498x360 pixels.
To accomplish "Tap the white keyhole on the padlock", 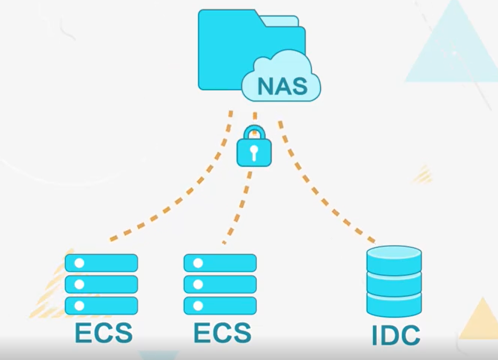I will [254, 152].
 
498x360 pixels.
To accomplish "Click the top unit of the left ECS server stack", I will [101, 263].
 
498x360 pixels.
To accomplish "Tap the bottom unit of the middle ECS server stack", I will [220, 305].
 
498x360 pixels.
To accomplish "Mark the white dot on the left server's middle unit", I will [79, 284].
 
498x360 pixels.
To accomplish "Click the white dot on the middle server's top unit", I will [198, 263].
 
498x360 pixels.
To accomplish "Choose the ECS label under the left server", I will [103, 333].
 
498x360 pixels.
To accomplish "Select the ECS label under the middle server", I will [222, 333].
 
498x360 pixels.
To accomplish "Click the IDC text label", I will [396, 335].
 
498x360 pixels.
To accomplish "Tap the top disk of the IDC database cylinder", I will [394, 258].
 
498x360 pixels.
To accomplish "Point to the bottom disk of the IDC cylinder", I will [394, 304].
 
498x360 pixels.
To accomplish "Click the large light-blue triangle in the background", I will [452, 50].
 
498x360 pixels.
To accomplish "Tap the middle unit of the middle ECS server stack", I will [220, 284].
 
